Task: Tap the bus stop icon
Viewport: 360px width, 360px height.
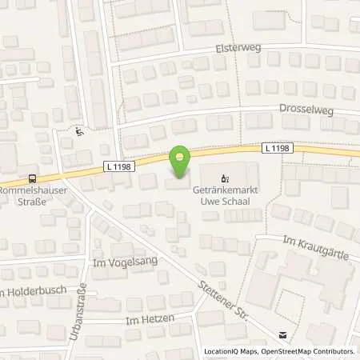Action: (31, 178)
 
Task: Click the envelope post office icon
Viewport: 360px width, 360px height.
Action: (282, 336)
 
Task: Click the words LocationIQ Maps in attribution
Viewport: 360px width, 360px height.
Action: (232, 351)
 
